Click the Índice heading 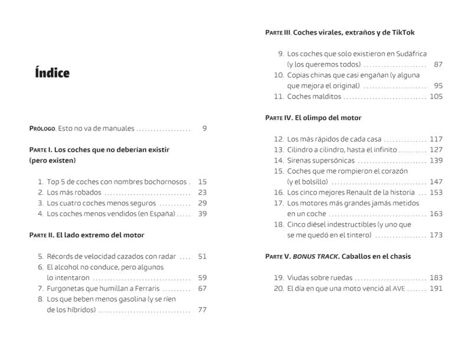[x=53, y=73]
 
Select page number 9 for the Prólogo [x=204, y=128]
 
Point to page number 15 [x=203, y=182]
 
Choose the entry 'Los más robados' [x=74, y=192]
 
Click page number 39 [x=202, y=214]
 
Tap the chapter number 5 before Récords [x=41, y=256]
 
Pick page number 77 [x=202, y=310]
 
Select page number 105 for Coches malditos [x=436, y=96]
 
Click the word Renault [x=355, y=192]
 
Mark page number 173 [x=436, y=235]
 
